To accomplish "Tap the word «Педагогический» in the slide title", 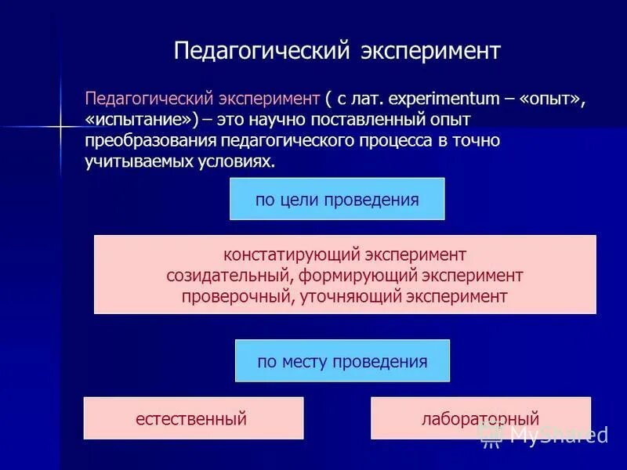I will point(260,51).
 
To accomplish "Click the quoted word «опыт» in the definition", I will point(552,99).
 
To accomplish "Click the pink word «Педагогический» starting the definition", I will point(143,99).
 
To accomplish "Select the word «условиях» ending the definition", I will point(237,161).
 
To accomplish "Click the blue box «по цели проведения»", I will point(337,199).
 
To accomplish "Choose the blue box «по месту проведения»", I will point(342,361).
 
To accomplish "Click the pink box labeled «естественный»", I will point(193,418).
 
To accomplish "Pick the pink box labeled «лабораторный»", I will point(480,418).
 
